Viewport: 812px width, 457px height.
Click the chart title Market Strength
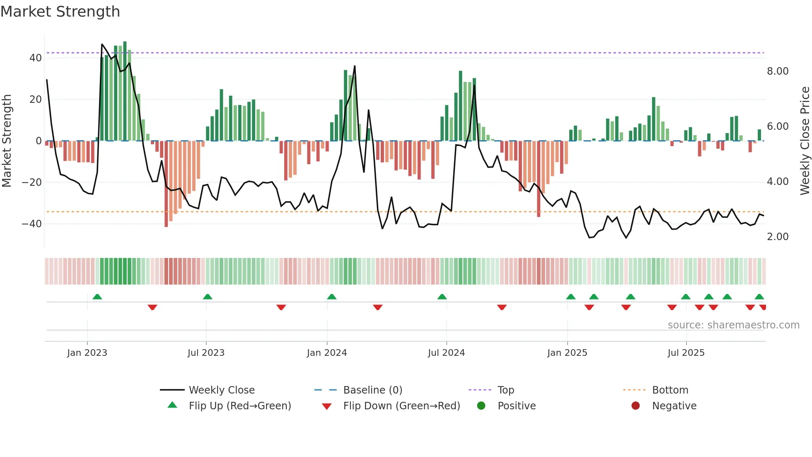(60, 12)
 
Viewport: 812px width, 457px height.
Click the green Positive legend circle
(481, 406)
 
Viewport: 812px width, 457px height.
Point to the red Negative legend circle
(636, 406)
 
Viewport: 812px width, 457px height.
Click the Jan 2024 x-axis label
(327, 352)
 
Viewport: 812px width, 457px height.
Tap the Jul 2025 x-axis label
(686, 352)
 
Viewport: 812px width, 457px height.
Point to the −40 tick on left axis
(32, 224)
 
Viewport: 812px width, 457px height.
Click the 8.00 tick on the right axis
(778, 71)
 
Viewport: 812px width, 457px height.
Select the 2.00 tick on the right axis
(778, 237)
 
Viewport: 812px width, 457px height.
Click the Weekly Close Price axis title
(805, 141)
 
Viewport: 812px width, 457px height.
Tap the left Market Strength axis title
(7, 141)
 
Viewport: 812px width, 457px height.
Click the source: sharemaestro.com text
(733, 325)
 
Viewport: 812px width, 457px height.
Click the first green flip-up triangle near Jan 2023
(97, 297)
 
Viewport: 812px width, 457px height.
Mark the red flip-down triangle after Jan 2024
(377, 307)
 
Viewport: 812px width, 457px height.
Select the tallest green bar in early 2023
(125, 91)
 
